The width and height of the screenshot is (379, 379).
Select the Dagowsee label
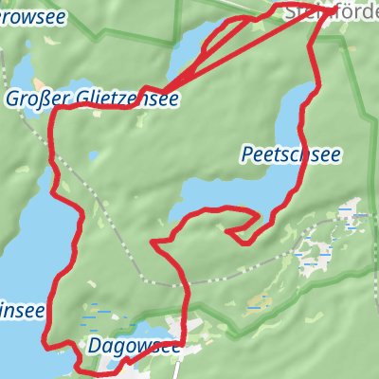coord(135,346)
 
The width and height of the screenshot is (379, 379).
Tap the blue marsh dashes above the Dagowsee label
coord(98,313)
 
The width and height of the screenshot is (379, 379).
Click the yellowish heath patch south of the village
coord(256,305)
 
